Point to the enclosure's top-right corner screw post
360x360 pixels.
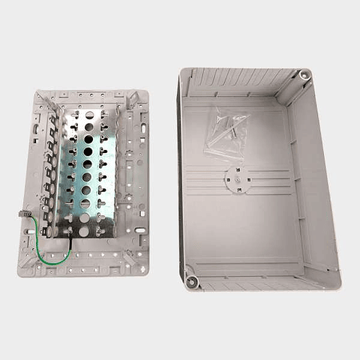coord(304,76)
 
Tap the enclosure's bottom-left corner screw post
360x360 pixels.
coord(191,281)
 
